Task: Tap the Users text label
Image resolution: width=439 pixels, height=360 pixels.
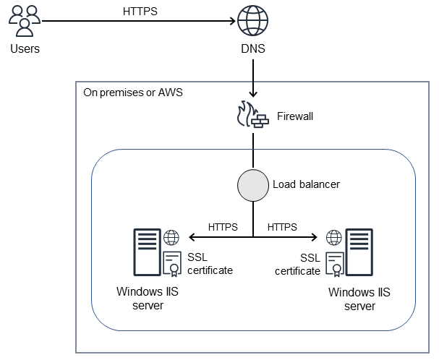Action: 25,49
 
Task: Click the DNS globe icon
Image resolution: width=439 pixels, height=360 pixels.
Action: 252,21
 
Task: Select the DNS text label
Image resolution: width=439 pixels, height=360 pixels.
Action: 252,49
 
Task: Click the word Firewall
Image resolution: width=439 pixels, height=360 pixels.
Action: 297,116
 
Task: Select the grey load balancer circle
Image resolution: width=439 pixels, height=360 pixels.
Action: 252,185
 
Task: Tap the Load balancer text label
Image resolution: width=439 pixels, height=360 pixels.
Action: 306,184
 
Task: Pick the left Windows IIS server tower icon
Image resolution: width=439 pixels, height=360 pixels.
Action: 145,252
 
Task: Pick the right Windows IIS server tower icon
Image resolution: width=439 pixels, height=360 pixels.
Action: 359,252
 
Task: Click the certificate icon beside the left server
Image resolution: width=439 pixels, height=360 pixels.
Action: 172,265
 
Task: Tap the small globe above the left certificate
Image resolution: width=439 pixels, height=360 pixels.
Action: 172,237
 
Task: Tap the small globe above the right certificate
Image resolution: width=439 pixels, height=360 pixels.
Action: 333,237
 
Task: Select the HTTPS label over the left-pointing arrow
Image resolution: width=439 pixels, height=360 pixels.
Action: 222,226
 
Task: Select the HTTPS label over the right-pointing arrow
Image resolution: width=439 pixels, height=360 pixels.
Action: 282,226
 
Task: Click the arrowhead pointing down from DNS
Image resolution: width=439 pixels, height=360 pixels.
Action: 252,93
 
